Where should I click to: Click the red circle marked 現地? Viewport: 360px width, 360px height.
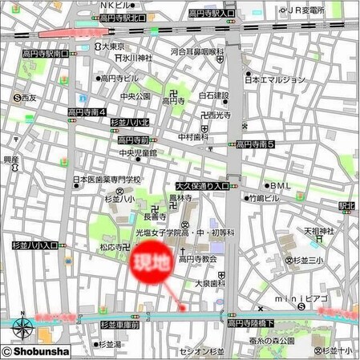151,263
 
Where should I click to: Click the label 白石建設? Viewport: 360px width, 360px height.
214,95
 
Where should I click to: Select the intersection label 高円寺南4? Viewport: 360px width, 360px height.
89,113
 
